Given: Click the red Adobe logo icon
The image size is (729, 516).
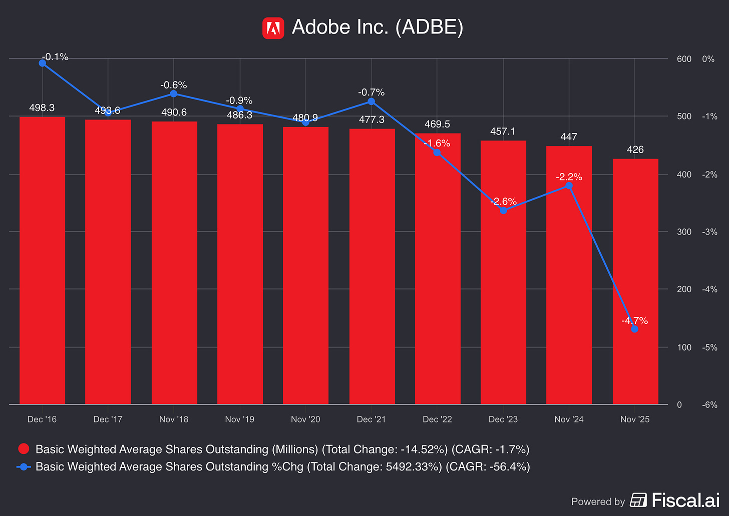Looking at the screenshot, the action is (273, 28).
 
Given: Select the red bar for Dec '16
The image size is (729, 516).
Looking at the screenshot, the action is (42, 260).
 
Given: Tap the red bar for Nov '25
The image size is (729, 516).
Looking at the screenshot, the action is (635, 281).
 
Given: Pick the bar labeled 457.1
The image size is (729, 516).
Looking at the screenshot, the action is (503, 272).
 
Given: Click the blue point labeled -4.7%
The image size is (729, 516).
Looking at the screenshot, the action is (634, 329).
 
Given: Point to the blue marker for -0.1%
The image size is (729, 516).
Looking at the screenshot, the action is (42, 63).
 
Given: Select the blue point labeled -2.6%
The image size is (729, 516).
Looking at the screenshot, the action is (503, 210).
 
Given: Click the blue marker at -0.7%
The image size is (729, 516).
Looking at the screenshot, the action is (371, 101).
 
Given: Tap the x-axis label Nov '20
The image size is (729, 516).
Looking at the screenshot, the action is (305, 419).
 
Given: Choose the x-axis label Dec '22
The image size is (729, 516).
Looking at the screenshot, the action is (437, 419).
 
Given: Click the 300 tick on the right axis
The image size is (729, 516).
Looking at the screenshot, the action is (684, 232).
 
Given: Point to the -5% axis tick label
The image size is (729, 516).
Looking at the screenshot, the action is (709, 347).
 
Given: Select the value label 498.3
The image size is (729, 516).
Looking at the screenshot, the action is (42, 108).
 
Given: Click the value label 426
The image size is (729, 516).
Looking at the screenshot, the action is (635, 150).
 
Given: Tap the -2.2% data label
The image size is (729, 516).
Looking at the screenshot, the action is (569, 177).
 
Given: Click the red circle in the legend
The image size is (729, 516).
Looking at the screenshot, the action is (24, 448).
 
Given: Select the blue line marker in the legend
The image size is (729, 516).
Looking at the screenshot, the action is (24, 467).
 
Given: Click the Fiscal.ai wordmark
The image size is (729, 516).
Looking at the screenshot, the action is (686, 500).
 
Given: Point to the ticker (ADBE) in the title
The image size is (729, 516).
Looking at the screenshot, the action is (429, 27).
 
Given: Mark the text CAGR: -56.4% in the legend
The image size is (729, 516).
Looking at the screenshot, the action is (488, 467).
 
